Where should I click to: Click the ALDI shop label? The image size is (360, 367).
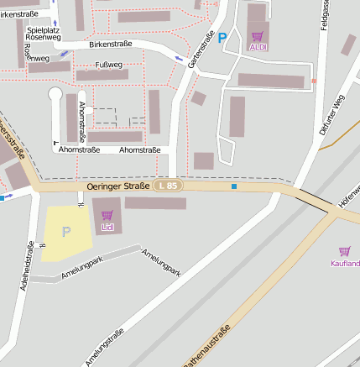258,48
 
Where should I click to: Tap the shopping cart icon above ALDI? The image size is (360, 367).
257,36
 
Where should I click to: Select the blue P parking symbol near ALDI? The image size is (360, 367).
222,37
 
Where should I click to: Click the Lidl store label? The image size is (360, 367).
107,228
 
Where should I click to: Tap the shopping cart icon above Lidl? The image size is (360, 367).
107,216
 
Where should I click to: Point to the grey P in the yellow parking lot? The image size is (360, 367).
66,231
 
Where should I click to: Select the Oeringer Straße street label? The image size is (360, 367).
117,186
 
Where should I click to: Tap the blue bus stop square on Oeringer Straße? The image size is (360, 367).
234,186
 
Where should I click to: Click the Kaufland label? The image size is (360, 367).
345,263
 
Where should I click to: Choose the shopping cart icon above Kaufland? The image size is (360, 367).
344,251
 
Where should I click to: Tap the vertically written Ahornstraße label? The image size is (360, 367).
82,119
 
